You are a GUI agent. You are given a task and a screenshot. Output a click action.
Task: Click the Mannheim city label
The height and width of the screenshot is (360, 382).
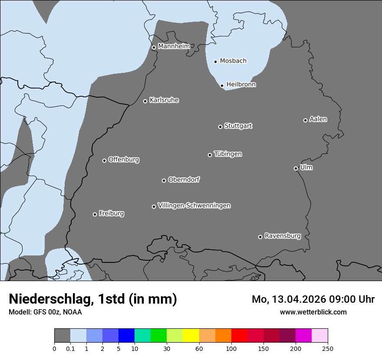coord(174,46)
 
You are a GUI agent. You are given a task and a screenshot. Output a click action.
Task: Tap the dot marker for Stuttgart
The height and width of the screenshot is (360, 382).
coord(220,127)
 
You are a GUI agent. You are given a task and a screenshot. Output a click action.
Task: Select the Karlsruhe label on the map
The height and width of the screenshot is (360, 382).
coord(164,100)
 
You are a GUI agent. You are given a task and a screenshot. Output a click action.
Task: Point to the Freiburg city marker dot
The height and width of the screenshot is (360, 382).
coord(95,214)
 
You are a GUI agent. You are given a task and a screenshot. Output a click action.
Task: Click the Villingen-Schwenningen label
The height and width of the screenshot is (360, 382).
coord(194,206)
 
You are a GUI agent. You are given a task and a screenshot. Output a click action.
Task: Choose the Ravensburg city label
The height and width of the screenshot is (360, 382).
coord(283,236)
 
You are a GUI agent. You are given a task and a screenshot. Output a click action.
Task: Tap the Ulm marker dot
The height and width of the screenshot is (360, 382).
coord(296,168)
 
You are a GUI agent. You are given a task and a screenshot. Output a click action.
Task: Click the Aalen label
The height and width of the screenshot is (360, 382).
coord(318,119)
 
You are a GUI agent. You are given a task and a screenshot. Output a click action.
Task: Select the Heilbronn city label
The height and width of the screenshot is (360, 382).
coord(241,85)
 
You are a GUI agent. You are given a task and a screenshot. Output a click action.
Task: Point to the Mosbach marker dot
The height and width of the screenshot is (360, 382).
coord(215,62)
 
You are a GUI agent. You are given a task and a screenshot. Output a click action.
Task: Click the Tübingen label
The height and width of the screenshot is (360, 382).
coord(228,154)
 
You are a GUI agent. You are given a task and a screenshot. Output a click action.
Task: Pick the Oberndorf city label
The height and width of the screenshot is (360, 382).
coord(184,180)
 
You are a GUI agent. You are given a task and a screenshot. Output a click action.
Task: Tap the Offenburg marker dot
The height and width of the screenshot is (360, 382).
coord(104,160)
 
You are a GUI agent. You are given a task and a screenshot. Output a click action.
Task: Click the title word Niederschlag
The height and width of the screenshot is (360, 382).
coord(50,299)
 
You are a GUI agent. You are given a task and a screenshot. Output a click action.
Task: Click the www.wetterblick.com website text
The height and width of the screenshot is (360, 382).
coord(313,312)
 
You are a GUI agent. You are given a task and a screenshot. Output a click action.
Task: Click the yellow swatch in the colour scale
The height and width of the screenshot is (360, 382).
coord(191,336)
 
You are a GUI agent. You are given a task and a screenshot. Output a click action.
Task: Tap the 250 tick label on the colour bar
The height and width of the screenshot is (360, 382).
coord(328,348)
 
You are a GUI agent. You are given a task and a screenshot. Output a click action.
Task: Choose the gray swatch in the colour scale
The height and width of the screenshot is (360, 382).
coord(62,336)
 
